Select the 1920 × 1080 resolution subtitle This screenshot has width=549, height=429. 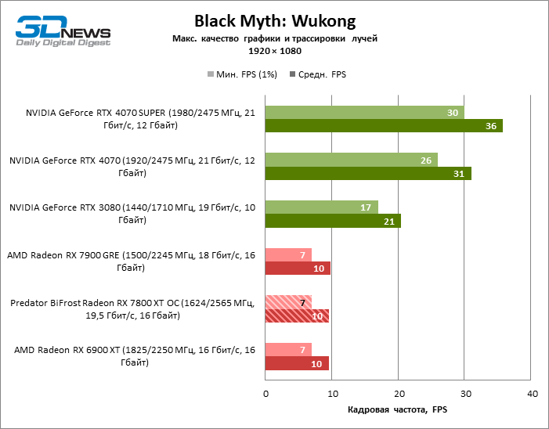click(x=274, y=51)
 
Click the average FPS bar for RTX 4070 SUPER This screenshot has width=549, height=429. click(x=384, y=126)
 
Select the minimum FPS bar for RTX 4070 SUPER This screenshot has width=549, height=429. click(x=364, y=113)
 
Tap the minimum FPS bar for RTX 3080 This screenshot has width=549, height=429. click(x=321, y=207)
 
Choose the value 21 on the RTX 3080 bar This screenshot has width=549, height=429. click(x=389, y=221)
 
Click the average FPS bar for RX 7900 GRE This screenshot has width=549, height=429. click(x=298, y=269)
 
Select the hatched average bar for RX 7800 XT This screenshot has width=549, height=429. click(x=298, y=316)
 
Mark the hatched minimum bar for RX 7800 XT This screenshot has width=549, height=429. click(x=288, y=302)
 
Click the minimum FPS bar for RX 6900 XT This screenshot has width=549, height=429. click(x=288, y=350)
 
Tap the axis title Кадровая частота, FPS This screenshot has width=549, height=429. click(x=398, y=409)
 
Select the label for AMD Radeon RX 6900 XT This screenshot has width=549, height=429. click(x=134, y=356)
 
